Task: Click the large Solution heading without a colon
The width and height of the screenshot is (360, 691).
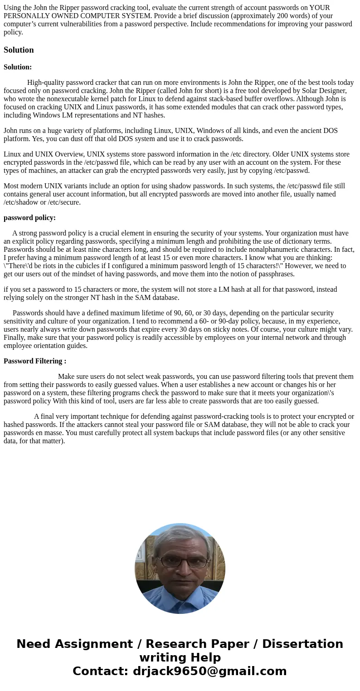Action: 19,50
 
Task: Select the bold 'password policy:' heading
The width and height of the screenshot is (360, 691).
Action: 29,218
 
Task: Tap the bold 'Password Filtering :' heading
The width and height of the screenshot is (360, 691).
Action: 35,361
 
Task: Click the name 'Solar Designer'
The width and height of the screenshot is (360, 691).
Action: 325,91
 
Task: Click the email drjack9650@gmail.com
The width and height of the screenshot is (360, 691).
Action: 209,671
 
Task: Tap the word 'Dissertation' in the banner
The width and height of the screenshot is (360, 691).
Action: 302,644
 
